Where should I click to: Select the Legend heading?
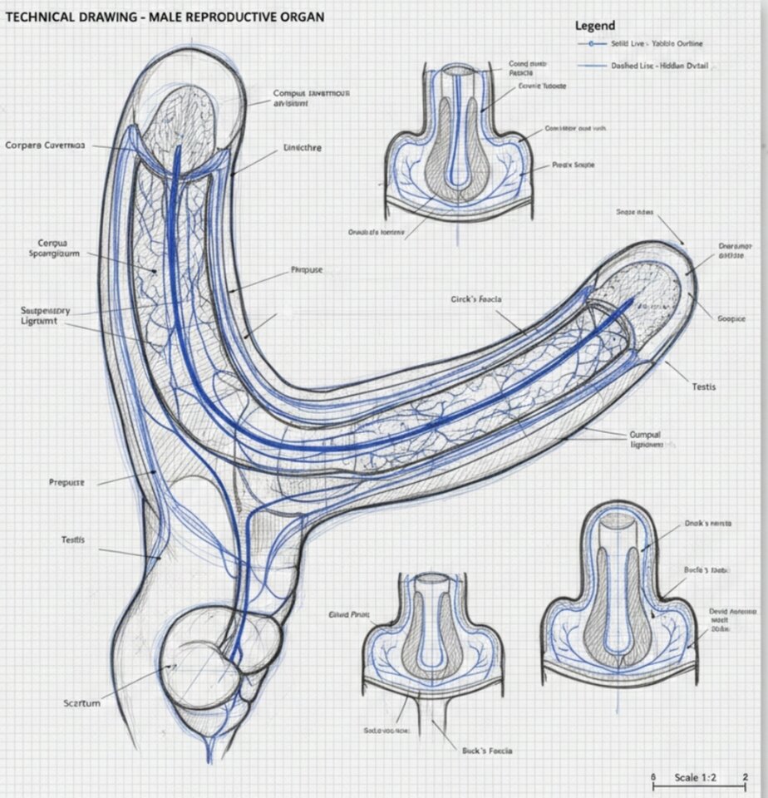(x=595, y=26)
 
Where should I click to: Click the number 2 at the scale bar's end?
(x=745, y=777)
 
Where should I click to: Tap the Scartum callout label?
(x=81, y=703)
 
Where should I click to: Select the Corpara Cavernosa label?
(x=45, y=145)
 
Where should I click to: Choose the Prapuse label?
(x=307, y=270)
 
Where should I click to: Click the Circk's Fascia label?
(x=476, y=298)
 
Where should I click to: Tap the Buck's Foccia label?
(x=487, y=751)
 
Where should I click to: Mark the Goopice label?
(x=731, y=318)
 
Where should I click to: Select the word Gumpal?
(x=646, y=434)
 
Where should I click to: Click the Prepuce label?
(x=67, y=482)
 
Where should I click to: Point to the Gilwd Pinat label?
(x=349, y=615)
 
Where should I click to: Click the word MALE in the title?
(x=163, y=16)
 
